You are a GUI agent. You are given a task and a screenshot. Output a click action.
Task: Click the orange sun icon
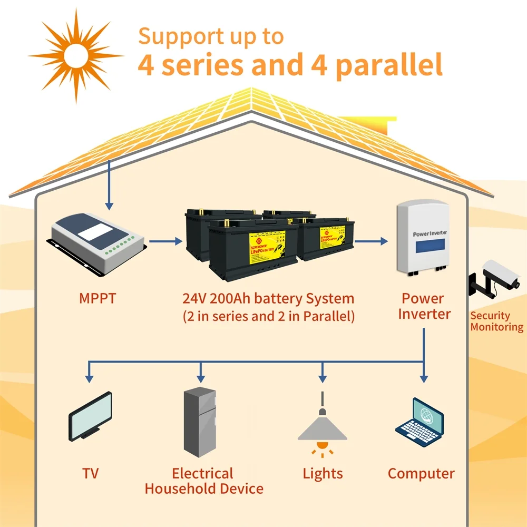(75, 54)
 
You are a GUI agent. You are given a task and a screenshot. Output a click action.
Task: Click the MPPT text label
(97, 298)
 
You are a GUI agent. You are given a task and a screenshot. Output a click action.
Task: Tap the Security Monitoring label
(497, 321)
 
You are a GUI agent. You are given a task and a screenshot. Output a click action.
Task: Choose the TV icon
(91, 415)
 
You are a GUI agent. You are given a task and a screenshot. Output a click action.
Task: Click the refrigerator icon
(200, 422)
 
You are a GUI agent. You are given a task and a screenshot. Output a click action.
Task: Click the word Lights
(323, 473)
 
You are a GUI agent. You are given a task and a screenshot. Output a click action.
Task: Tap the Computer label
(421, 473)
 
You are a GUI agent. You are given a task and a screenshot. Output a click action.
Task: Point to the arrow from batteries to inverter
(371, 242)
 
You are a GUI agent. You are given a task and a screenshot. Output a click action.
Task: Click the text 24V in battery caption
(194, 299)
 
